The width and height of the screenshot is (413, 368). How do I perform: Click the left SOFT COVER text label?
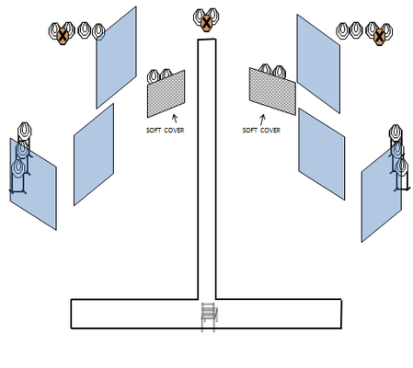(x=165, y=131)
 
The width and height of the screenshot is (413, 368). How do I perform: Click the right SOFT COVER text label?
(x=261, y=131)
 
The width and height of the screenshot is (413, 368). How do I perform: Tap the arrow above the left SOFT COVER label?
(x=175, y=119)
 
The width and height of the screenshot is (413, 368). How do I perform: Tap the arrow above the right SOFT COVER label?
(x=262, y=120)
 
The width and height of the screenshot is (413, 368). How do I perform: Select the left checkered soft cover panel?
(x=166, y=94)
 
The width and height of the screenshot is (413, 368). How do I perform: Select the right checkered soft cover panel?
(x=272, y=91)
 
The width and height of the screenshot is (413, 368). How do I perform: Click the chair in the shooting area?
(x=209, y=316)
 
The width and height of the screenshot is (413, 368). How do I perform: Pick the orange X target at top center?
(x=207, y=23)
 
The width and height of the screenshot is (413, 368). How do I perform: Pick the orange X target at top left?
(x=63, y=36)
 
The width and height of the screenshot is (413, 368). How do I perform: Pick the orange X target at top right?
(x=380, y=37)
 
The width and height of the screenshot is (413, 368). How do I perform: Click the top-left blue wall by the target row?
(x=117, y=57)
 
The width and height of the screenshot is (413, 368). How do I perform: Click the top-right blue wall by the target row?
(x=318, y=63)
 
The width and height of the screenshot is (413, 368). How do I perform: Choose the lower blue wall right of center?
(x=322, y=154)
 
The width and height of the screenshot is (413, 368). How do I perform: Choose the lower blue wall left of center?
(x=94, y=155)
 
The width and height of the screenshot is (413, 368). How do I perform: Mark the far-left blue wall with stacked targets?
(x=33, y=184)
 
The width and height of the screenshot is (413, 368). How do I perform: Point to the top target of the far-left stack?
(x=25, y=131)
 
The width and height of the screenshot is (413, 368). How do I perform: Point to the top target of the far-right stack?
(x=396, y=132)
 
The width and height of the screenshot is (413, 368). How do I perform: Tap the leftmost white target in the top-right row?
(x=342, y=30)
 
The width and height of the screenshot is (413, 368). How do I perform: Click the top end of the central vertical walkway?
(x=207, y=40)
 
